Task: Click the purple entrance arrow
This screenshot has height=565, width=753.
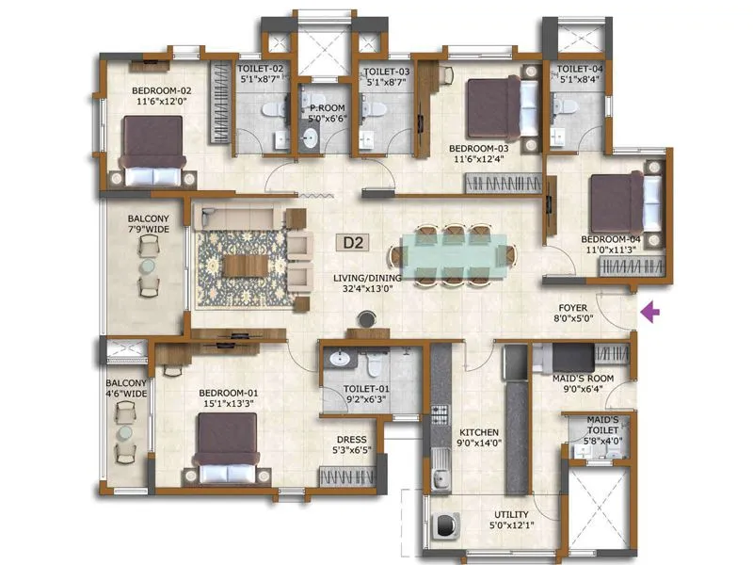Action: [x=650, y=312]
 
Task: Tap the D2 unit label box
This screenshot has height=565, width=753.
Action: [x=354, y=242]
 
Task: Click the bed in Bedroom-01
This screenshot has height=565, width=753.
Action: [x=226, y=443]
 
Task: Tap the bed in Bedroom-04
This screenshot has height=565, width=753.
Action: [x=620, y=200]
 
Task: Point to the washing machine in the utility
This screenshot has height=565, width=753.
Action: [x=440, y=529]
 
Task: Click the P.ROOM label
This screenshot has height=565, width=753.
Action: [x=326, y=114]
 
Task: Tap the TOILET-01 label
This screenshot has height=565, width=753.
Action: [x=366, y=394]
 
